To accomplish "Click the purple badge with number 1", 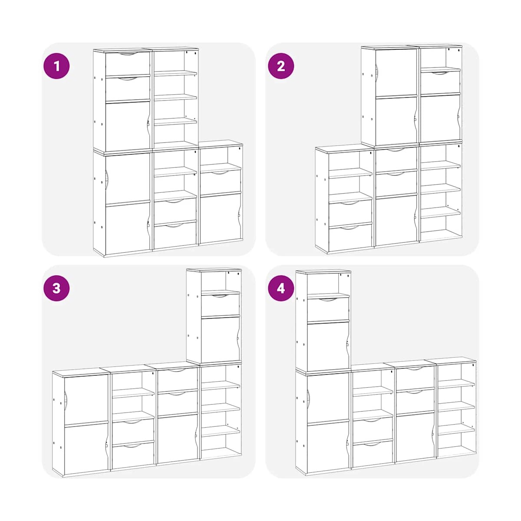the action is [56, 66].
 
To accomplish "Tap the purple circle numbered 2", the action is [281, 66].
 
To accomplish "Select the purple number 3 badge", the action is [56, 288].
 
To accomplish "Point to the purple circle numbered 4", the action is [281, 288].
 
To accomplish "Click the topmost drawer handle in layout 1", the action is [128, 54].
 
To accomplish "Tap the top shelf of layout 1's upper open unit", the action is [175, 73].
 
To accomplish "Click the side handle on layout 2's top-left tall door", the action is [376, 73].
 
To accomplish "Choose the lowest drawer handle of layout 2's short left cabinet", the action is [350, 228].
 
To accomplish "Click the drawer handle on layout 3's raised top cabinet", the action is [221, 296].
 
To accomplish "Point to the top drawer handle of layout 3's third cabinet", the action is [178, 370].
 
